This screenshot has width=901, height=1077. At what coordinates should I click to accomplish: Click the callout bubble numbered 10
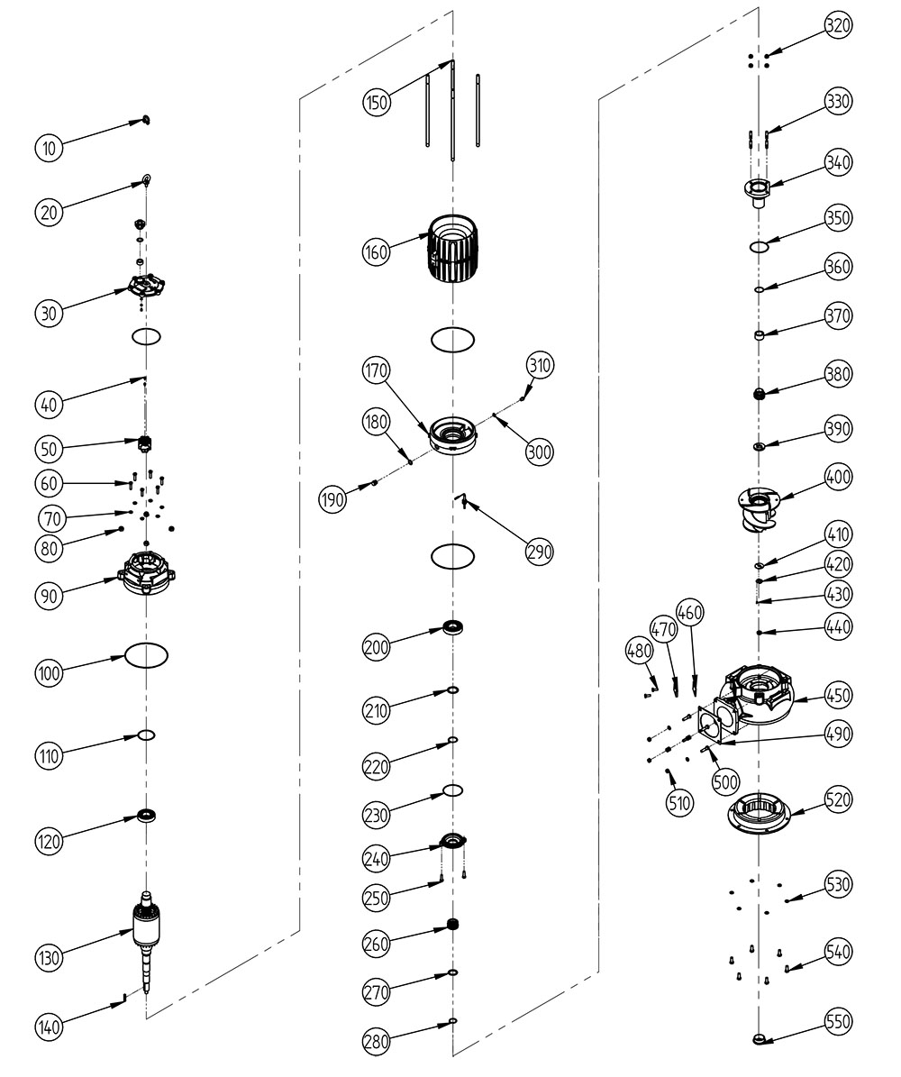click(50, 147)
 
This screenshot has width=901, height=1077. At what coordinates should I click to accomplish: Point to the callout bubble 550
click(839, 1021)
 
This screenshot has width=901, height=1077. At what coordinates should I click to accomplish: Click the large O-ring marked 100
click(146, 654)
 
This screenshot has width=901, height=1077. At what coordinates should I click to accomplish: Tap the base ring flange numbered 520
click(759, 809)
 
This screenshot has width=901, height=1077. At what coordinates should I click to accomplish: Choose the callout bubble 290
click(540, 551)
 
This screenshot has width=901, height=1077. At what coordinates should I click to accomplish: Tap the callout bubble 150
click(377, 102)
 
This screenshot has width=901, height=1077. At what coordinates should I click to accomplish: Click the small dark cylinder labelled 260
click(453, 925)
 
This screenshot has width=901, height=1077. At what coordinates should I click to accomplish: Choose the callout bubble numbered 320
click(839, 26)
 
